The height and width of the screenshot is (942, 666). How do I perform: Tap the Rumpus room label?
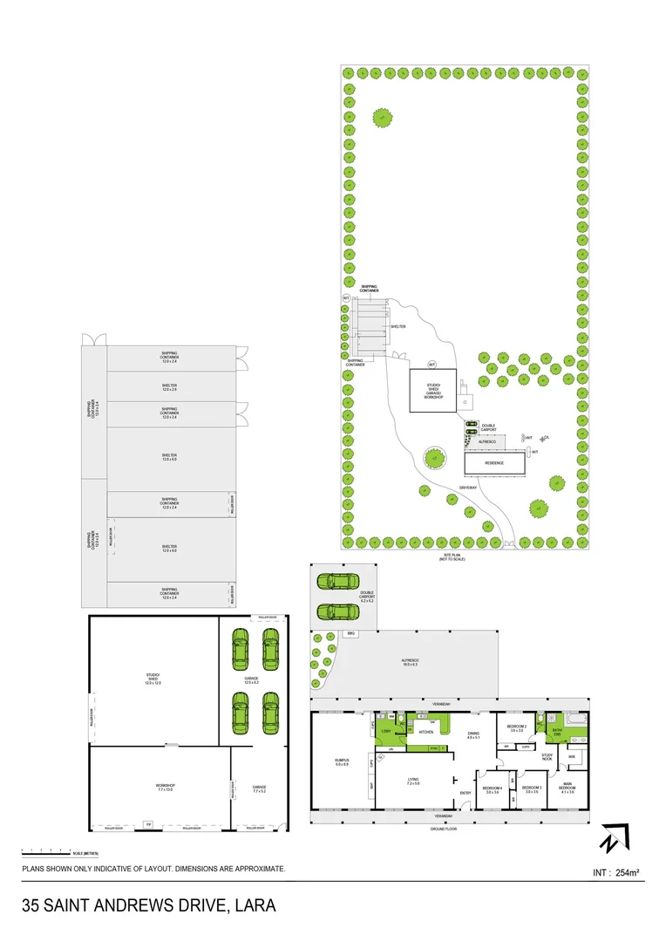(341, 763)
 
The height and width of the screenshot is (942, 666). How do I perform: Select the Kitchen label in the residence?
(426, 732)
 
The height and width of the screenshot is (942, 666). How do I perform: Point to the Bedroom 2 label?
(515, 728)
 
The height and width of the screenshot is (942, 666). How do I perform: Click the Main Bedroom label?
(567, 788)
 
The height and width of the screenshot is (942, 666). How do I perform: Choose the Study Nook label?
(547, 757)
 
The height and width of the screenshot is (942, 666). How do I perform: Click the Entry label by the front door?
(466, 792)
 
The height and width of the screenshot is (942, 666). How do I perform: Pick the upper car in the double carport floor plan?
(338, 582)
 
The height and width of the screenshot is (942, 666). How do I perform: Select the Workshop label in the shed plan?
(166, 788)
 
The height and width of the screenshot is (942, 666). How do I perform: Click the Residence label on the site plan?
(494, 463)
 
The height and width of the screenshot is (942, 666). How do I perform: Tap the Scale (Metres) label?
(85, 852)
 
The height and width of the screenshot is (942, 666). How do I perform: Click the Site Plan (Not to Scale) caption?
(452, 556)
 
